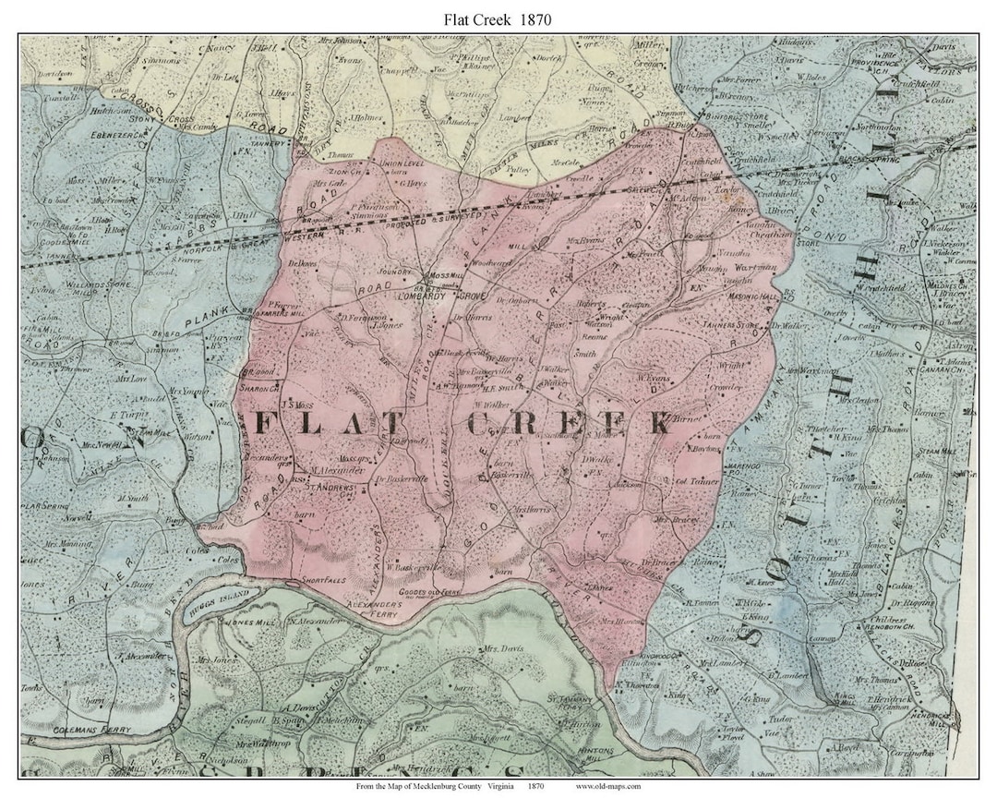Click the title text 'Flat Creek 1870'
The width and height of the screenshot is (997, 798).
click(x=498, y=17)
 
